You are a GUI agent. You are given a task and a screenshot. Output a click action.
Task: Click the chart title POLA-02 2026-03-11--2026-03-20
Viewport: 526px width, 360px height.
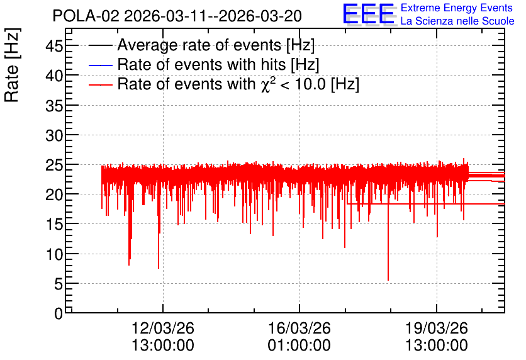click(x=177, y=16)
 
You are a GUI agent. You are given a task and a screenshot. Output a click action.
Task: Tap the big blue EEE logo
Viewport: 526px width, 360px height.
click(x=369, y=14)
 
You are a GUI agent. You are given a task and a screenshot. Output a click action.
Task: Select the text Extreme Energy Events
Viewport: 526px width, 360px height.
click(x=457, y=8)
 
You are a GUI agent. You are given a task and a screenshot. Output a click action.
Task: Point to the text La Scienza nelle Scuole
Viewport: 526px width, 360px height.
click(x=457, y=21)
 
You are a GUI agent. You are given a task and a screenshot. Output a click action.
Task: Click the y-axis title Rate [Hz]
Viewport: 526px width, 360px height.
click(x=12, y=65)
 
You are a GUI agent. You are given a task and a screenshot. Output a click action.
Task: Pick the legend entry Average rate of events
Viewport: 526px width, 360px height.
click(x=216, y=45)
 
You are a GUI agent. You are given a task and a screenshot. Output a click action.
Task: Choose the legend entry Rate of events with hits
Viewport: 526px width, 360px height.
click(x=218, y=64)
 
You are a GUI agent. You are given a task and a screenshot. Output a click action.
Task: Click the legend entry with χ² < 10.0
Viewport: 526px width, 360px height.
click(x=238, y=84)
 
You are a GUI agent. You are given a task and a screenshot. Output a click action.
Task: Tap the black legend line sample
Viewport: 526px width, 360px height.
click(x=100, y=45)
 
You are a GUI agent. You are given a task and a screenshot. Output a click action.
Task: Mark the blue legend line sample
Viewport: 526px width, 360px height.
click(x=100, y=65)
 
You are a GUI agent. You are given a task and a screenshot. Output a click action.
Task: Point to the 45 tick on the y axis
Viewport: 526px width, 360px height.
click(x=54, y=45)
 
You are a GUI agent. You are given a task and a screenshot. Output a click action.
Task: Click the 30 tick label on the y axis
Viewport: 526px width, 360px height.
click(x=54, y=135)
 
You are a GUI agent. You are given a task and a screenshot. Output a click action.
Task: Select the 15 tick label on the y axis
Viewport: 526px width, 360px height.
click(x=54, y=224)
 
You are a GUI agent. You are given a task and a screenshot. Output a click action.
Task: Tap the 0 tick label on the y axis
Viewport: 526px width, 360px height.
click(x=59, y=313)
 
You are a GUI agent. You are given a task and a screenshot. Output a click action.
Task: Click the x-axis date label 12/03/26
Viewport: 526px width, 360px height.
click(x=163, y=328)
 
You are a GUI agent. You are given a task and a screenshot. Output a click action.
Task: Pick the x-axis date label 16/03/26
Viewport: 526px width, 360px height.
click(x=299, y=328)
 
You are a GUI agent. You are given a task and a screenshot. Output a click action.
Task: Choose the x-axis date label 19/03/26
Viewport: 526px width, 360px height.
click(x=437, y=328)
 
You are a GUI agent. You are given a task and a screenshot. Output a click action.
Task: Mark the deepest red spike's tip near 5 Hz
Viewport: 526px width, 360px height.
click(x=388, y=280)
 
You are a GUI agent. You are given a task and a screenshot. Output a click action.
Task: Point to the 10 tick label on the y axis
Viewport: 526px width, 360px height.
click(x=54, y=254)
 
